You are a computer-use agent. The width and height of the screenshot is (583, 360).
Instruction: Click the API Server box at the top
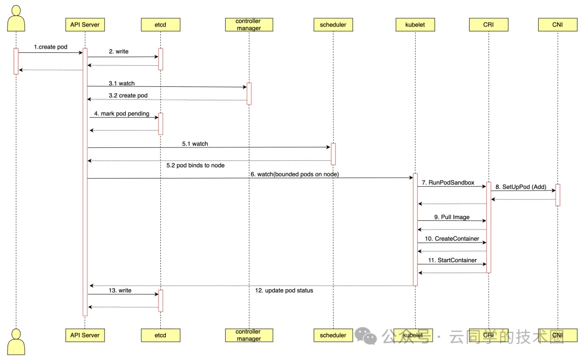pyautogui.click(x=85, y=24)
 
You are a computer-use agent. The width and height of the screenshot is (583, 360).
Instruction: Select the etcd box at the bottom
pyautogui.click(x=160, y=335)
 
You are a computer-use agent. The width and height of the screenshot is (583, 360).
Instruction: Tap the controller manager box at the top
pyautogui.click(x=249, y=24)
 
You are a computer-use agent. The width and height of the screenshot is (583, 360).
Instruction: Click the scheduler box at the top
pyautogui.click(x=333, y=24)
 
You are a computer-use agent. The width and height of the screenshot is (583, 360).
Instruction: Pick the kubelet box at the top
pyautogui.click(x=415, y=24)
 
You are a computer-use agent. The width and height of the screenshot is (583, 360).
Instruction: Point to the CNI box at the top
pyautogui.click(x=557, y=24)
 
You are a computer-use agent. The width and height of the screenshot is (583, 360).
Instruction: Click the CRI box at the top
pyautogui.click(x=489, y=24)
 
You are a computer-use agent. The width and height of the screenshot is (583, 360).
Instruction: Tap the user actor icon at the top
pyautogui.click(x=16, y=18)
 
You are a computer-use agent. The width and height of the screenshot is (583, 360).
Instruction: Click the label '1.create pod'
pyautogui.click(x=51, y=47)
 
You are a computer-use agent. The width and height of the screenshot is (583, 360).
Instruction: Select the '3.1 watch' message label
pyautogui.click(x=121, y=83)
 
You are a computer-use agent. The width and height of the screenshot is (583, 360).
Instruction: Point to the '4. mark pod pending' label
pyautogui.click(x=121, y=113)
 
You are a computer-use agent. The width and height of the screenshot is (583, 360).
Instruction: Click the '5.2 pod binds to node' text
pyautogui.click(x=195, y=165)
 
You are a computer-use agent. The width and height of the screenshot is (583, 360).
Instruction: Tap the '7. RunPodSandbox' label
pyautogui.click(x=448, y=182)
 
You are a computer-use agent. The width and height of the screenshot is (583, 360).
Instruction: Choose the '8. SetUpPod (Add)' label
pyautogui.click(x=521, y=187)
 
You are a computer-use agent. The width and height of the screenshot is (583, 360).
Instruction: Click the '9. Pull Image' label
pyautogui.click(x=452, y=217)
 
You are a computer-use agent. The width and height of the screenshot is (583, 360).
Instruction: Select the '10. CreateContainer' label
pyautogui.click(x=452, y=239)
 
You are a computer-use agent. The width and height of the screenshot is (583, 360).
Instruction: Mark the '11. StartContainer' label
pyautogui.click(x=452, y=260)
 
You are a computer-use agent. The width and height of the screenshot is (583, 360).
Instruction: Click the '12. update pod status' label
pyautogui.click(x=284, y=290)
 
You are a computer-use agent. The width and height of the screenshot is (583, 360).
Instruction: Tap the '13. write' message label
pyautogui.click(x=120, y=290)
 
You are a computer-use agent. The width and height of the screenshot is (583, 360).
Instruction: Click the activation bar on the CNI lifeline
pyautogui.click(x=558, y=195)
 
